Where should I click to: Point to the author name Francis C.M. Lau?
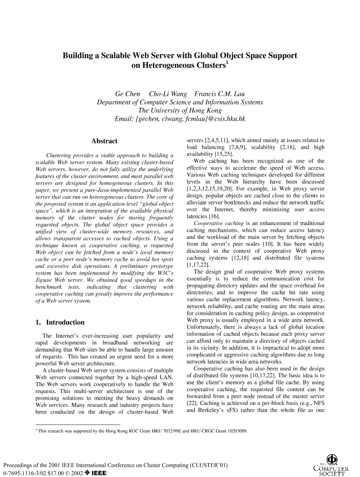tap(219, 93)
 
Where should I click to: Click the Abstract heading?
tap(104, 141)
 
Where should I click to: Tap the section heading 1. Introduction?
tap(60, 322)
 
